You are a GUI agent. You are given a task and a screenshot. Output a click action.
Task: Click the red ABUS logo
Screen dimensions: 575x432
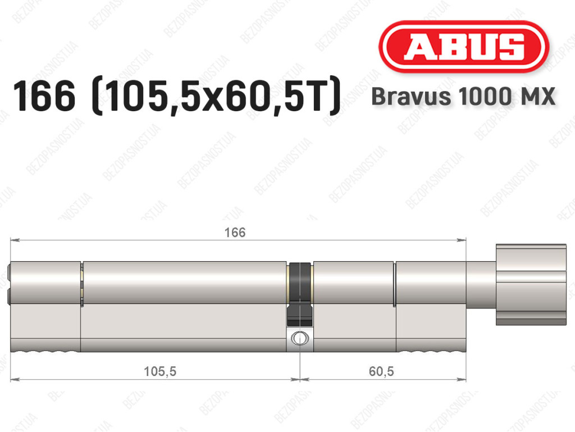pos(463,47)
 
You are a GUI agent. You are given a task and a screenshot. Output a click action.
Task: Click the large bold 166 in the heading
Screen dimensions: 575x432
pos(44,96)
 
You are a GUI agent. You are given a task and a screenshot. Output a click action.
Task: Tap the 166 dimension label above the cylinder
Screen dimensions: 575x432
pos(235,232)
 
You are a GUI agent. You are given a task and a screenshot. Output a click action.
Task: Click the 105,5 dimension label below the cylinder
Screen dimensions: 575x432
pos(160,371)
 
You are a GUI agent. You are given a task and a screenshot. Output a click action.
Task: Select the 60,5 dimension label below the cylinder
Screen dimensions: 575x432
pos(381,371)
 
